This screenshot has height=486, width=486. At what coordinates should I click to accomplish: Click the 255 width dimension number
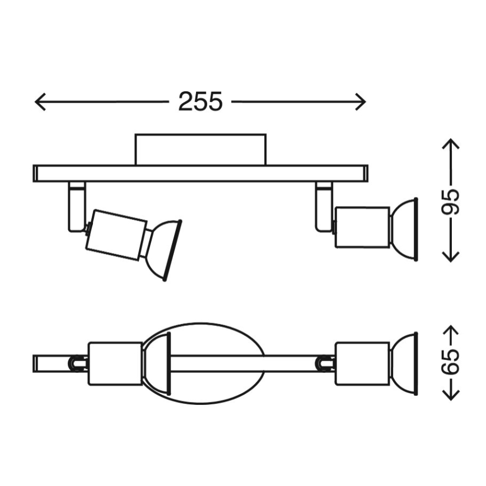click(200, 102)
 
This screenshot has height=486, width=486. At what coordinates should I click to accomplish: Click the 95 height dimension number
click(451, 202)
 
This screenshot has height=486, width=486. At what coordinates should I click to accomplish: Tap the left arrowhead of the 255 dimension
click(38, 102)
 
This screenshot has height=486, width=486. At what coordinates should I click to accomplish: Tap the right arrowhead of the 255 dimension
click(362, 102)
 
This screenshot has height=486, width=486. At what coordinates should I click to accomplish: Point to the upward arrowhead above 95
click(451, 143)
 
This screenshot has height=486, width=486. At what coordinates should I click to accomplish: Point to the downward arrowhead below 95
click(451, 259)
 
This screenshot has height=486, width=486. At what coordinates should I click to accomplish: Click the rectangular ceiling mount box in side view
click(200, 149)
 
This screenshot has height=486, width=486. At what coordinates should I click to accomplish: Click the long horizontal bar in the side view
click(200, 173)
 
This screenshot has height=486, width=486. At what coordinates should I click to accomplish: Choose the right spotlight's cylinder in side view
click(361, 227)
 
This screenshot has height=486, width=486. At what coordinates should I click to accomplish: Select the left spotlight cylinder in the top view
click(114, 363)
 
